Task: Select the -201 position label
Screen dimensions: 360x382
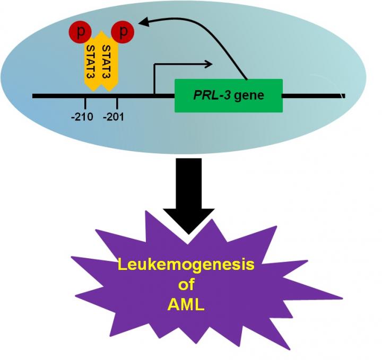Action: (115, 117)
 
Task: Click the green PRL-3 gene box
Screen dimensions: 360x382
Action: (228, 96)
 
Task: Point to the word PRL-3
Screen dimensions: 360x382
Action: (209, 96)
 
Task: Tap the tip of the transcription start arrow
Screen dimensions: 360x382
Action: (212, 65)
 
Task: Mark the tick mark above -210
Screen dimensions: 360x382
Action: (85, 102)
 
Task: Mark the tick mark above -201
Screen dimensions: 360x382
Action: (117, 102)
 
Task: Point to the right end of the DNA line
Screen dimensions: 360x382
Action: (344, 96)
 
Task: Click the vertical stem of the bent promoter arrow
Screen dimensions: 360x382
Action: (154, 80)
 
